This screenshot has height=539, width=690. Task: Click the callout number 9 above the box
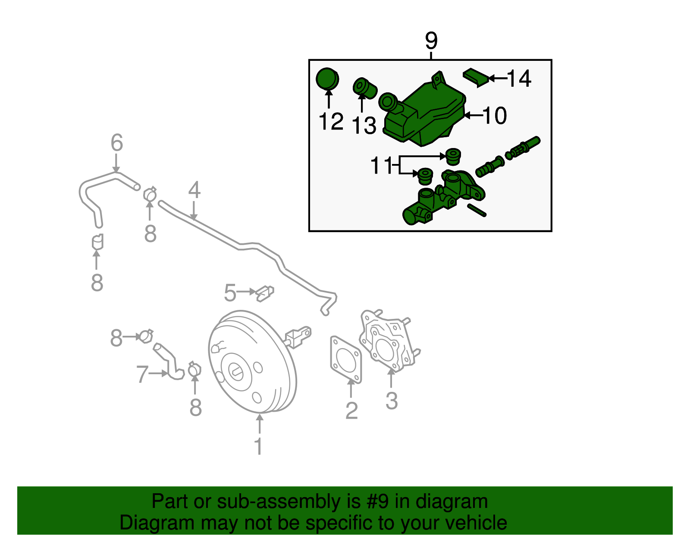(x=431, y=41)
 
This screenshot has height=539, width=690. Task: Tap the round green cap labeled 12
(x=327, y=79)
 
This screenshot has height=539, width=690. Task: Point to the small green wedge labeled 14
(x=476, y=77)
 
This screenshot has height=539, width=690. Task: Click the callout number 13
(x=364, y=126)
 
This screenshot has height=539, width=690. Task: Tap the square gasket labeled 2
(x=346, y=359)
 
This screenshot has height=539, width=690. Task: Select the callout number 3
(x=391, y=401)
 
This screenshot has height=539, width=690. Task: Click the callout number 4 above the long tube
(x=194, y=190)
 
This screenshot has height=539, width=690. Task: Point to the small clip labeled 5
(x=264, y=293)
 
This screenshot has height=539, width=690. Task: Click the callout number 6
(x=116, y=143)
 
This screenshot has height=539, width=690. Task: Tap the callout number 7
(x=142, y=374)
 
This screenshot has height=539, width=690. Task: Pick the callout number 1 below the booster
(x=258, y=446)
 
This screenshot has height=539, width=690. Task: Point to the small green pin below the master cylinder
(x=477, y=210)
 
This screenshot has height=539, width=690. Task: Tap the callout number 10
(x=495, y=116)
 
